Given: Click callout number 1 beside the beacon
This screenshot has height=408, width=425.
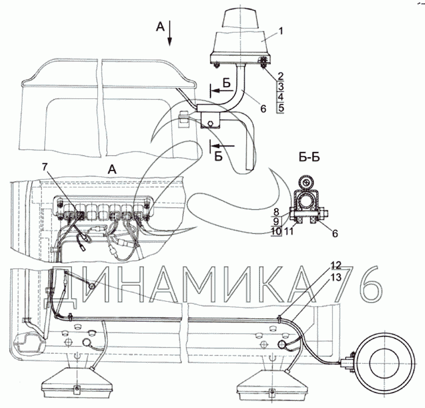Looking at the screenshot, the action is pos(281,31).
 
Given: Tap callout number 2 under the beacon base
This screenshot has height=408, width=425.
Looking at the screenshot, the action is pos(280,76).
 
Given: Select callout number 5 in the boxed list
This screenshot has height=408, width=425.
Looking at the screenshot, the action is pos(281,108).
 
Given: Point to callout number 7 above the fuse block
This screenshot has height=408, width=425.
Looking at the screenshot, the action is pos(45,167).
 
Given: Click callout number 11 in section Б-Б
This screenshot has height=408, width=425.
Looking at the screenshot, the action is pos(289,232).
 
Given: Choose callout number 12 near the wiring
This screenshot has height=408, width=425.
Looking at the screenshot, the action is pos(336,265).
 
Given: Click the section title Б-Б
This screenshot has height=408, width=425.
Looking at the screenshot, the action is pos(309,157).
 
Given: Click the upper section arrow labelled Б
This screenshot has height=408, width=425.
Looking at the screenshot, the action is pos(223,90).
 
